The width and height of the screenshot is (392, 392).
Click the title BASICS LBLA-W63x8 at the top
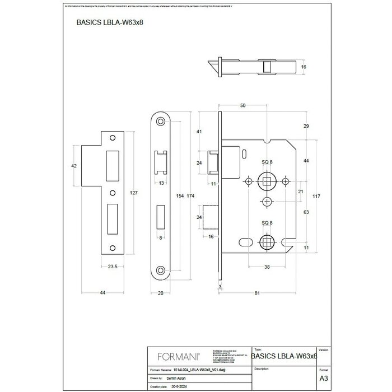106,24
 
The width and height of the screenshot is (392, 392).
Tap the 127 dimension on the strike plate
133,193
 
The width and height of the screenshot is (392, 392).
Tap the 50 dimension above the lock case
242,105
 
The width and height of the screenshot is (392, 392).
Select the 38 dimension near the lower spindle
268,267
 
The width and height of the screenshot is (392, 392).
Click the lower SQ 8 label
268,223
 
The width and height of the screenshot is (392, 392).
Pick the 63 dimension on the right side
306,213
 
